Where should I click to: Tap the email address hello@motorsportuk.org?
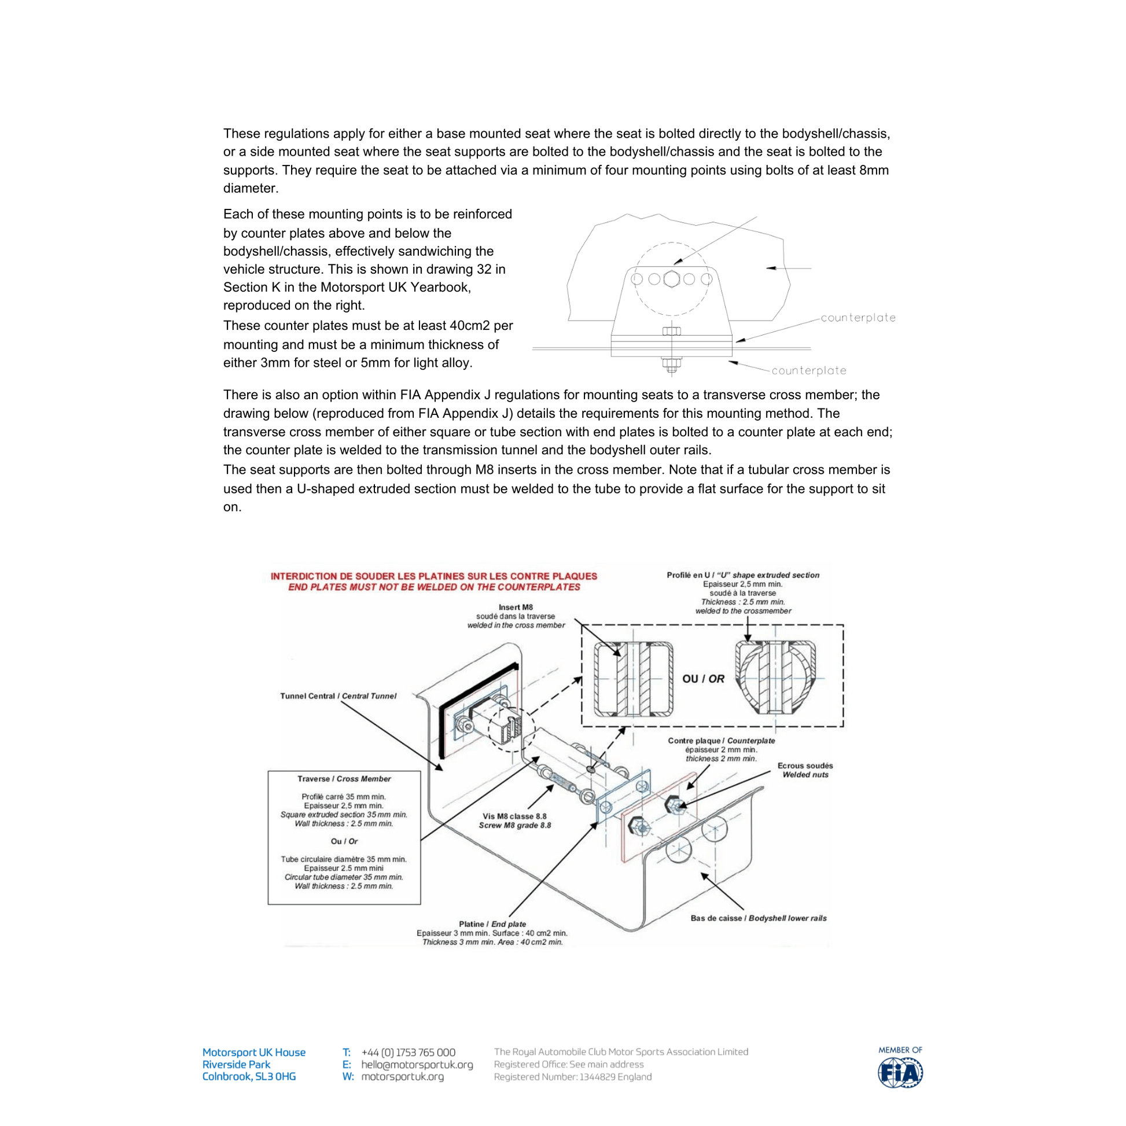click(417, 1065)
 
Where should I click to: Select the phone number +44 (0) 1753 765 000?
click(408, 1053)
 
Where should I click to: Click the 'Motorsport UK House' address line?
click(253, 1053)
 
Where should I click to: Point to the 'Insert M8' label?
click(515, 608)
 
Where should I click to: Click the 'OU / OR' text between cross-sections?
click(703, 679)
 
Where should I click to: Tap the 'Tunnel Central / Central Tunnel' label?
click(338, 696)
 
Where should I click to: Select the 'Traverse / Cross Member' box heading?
click(344, 779)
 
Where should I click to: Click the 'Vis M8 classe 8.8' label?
click(514, 816)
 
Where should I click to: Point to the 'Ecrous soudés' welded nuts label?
click(805, 766)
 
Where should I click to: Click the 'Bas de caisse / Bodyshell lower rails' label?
click(758, 918)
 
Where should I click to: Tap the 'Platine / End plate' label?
click(492, 923)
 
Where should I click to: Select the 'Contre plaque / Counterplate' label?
click(721, 741)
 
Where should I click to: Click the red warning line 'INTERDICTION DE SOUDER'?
click(433, 576)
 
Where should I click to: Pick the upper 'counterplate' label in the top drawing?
click(858, 318)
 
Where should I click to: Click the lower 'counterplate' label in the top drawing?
click(808, 371)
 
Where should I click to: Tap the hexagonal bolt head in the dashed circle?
click(671, 279)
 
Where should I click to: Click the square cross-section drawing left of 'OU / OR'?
click(634, 679)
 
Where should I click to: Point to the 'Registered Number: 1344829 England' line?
click(572, 1077)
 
